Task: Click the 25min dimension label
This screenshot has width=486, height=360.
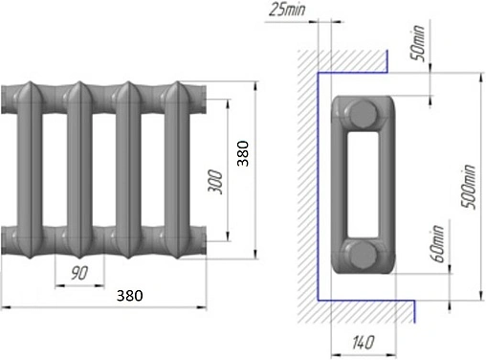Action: (x=287, y=10)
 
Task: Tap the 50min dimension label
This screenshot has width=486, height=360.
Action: (x=418, y=43)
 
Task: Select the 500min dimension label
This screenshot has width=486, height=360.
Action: (x=469, y=187)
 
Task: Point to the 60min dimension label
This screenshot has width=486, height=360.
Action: (x=438, y=243)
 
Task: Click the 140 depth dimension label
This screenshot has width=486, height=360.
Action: (x=364, y=343)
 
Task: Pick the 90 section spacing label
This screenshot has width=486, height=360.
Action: (x=79, y=273)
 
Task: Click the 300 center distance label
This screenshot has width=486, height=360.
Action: (x=215, y=181)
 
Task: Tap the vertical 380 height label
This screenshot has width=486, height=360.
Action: (x=243, y=153)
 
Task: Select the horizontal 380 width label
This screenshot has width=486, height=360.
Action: (x=130, y=296)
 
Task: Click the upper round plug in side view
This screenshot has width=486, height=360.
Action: (x=363, y=114)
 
